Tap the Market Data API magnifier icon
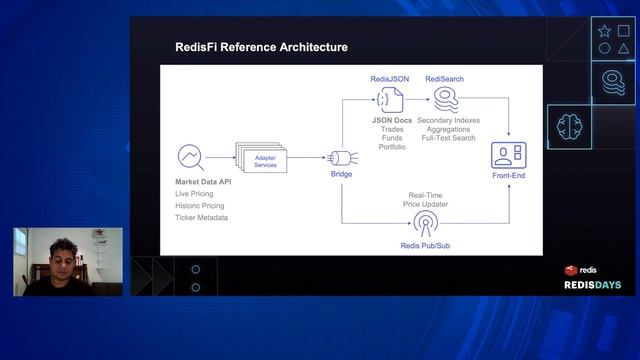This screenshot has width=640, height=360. (190, 157)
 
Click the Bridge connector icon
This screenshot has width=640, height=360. (341, 157)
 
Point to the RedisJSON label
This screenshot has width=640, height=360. (388, 79)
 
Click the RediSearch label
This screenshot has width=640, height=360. (444, 79)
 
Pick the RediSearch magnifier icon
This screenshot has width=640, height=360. (446, 100)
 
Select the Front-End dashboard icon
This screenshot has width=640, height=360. (508, 155)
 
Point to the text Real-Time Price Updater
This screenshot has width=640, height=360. (425, 199)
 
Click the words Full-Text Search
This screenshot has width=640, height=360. (448, 139)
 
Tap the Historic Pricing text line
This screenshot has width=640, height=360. (199, 205)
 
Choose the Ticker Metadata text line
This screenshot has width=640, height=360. (201, 217)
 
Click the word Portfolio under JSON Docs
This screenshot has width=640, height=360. (392, 147)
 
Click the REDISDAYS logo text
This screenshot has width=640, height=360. (592, 285)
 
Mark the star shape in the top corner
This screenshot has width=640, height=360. (604, 31)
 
